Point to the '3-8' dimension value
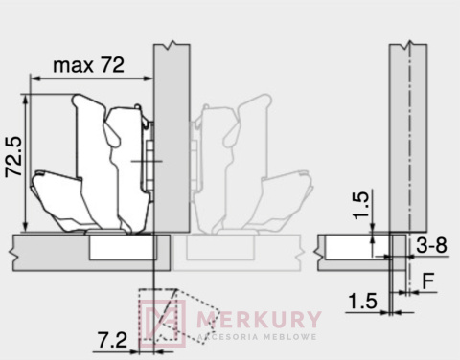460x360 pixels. coord(430,245)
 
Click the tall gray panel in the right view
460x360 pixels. coord(407,134)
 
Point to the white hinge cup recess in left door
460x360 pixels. coord(122,247)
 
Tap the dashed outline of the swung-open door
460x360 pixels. coord(158,316)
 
